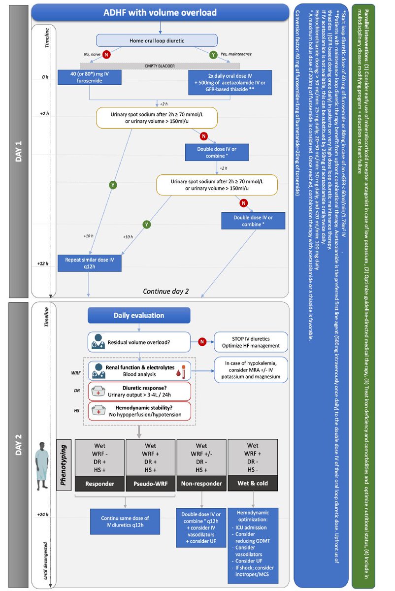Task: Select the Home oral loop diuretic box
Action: click(x=157, y=40)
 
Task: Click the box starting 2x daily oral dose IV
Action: click(x=230, y=81)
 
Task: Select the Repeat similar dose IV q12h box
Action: click(x=89, y=263)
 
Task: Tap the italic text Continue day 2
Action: click(x=165, y=291)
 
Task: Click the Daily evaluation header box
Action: click(x=139, y=315)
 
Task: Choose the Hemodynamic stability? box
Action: click(x=139, y=411)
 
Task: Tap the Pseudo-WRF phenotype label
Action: click(x=150, y=483)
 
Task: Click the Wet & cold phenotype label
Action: click(x=253, y=483)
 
